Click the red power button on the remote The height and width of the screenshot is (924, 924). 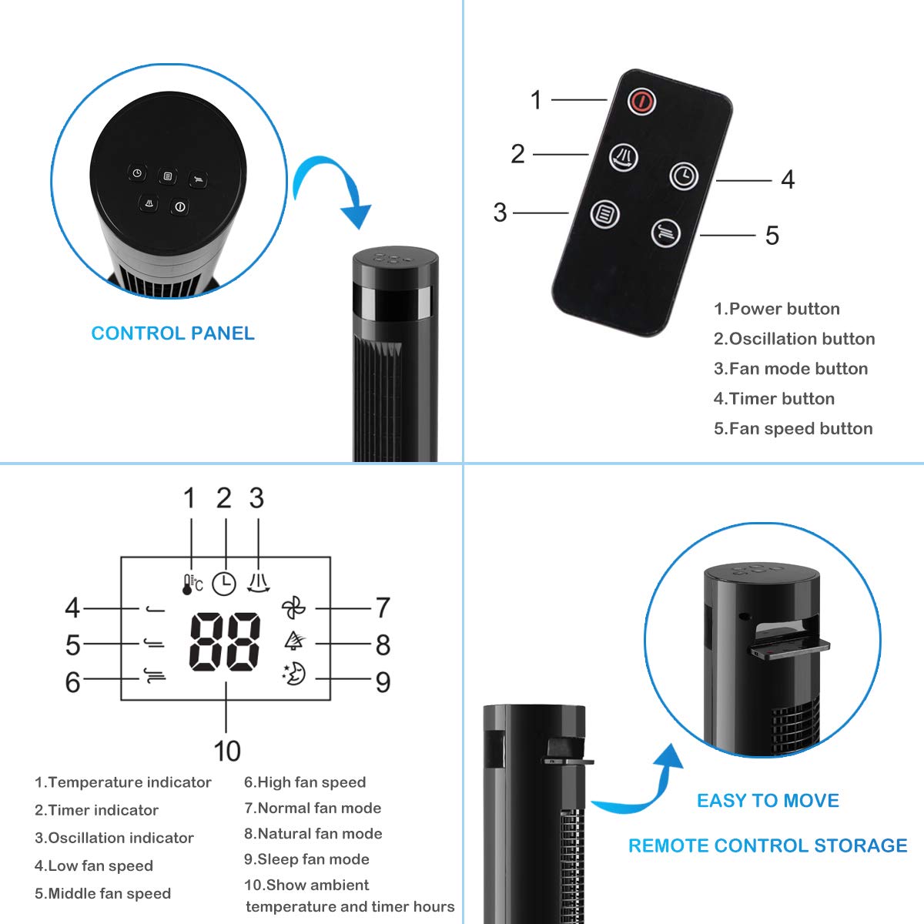coord(641,101)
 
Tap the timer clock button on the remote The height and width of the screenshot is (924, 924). coord(683,176)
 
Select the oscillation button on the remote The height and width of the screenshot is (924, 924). coord(624,157)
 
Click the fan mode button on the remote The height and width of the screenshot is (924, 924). coord(605,213)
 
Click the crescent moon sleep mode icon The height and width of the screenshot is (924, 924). coord(294,674)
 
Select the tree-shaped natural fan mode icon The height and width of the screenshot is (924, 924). coord(293,640)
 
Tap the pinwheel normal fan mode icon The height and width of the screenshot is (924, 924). coord(293,608)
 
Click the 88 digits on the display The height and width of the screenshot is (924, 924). coord(225,641)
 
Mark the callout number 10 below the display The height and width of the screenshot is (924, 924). coord(226,751)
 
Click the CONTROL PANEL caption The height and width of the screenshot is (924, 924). coord(172,333)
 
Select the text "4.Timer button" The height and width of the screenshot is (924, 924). coord(774,399)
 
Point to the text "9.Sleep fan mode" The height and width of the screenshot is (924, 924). coord(306,859)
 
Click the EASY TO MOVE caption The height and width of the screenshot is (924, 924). coord(768,801)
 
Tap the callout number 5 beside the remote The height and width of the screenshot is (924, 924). coord(772,236)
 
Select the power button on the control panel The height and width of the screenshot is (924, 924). coord(179,206)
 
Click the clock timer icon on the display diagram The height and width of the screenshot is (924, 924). coord(224,584)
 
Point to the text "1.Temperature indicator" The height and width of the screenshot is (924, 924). coord(123,782)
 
